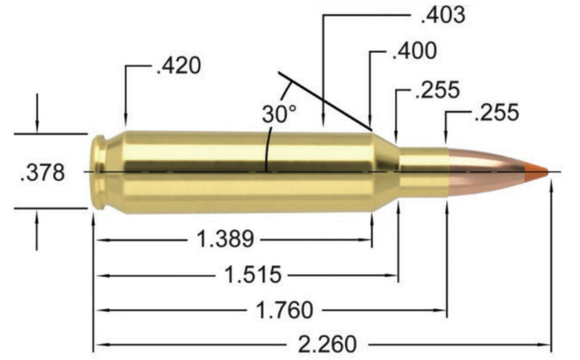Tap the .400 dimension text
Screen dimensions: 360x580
point(414,51)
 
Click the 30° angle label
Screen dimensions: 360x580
point(279,115)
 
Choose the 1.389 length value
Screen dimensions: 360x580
point(224,240)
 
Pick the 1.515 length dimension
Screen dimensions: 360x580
point(253,274)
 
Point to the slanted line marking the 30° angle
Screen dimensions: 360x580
point(325,100)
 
